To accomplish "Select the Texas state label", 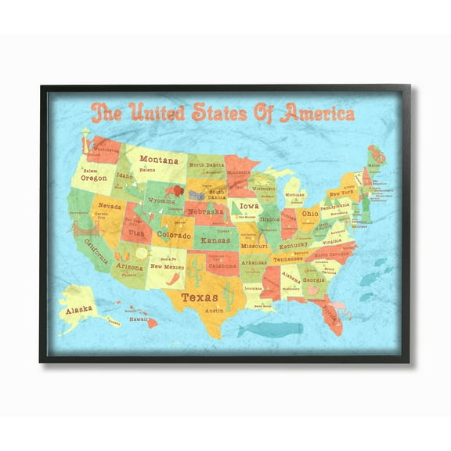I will tap(200, 297).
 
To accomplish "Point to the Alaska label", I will tap(78, 309).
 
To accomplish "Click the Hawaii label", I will tap(139, 319).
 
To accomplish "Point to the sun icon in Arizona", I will tap(141, 254).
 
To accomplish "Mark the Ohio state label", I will tap(310, 213).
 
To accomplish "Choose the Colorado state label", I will tap(174, 234).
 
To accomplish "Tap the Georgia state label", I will tap(314, 280).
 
